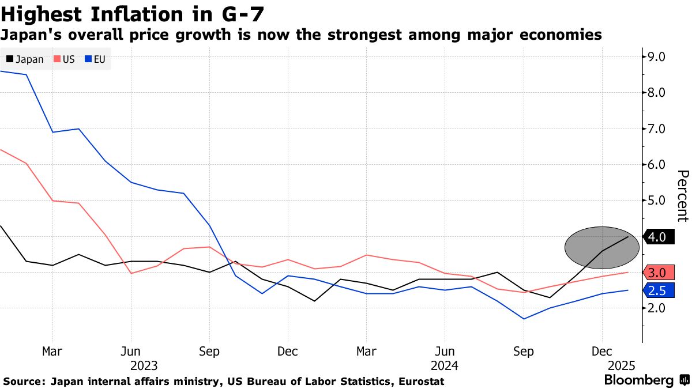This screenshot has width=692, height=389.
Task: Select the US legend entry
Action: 65,59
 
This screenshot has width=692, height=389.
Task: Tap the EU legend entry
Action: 96,59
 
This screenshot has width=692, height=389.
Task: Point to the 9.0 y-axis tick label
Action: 657,56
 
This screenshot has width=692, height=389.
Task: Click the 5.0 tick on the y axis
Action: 657,201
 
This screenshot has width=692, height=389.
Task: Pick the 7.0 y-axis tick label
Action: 657,129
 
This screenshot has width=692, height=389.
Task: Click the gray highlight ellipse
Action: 601,247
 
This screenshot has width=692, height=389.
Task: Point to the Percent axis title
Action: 682,196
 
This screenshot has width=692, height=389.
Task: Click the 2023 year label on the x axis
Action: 144,365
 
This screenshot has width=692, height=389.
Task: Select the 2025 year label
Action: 622,365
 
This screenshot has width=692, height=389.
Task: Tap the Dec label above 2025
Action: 602,352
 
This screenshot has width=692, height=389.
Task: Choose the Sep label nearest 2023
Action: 209,352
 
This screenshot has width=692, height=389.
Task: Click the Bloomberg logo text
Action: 638,380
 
